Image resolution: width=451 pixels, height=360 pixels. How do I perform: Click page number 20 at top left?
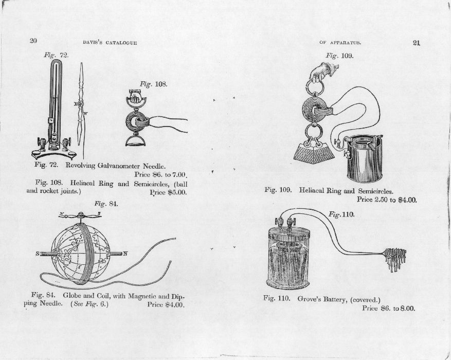pyautogui.click(x=33, y=41)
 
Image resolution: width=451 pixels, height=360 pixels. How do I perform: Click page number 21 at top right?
pyautogui.click(x=417, y=43)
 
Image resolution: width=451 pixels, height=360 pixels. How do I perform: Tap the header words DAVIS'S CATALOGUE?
pyautogui.click(x=110, y=43)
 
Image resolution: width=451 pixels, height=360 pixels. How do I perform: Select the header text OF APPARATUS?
pyautogui.click(x=340, y=43)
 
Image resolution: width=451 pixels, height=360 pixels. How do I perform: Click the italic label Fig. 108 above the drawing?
pyautogui.click(x=153, y=84)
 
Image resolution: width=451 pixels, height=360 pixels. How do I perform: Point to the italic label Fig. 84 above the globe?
pyautogui.click(x=106, y=204)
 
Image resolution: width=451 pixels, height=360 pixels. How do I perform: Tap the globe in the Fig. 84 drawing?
pyautogui.click(x=80, y=254)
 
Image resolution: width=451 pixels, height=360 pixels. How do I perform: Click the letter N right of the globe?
pyautogui.click(x=125, y=254)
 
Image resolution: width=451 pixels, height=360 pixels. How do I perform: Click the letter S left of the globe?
pyautogui.click(x=38, y=254)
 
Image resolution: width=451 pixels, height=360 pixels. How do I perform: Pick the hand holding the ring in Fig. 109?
pyautogui.click(x=323, y=71)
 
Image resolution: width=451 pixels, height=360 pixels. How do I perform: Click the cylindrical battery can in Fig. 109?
pyautogui.click(x=365, y=158)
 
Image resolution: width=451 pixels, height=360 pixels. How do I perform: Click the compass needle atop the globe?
pyautogui.click(x=80, y=214)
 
